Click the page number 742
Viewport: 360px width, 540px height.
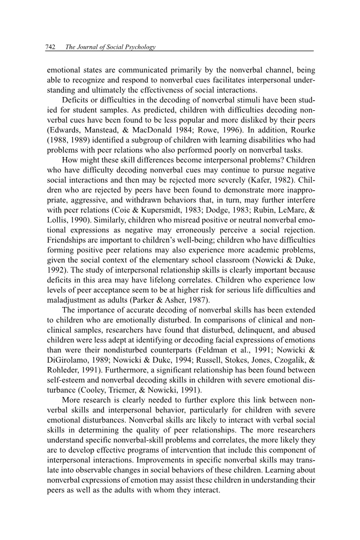point(52,48)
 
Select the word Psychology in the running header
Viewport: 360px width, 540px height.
point(138,48)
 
